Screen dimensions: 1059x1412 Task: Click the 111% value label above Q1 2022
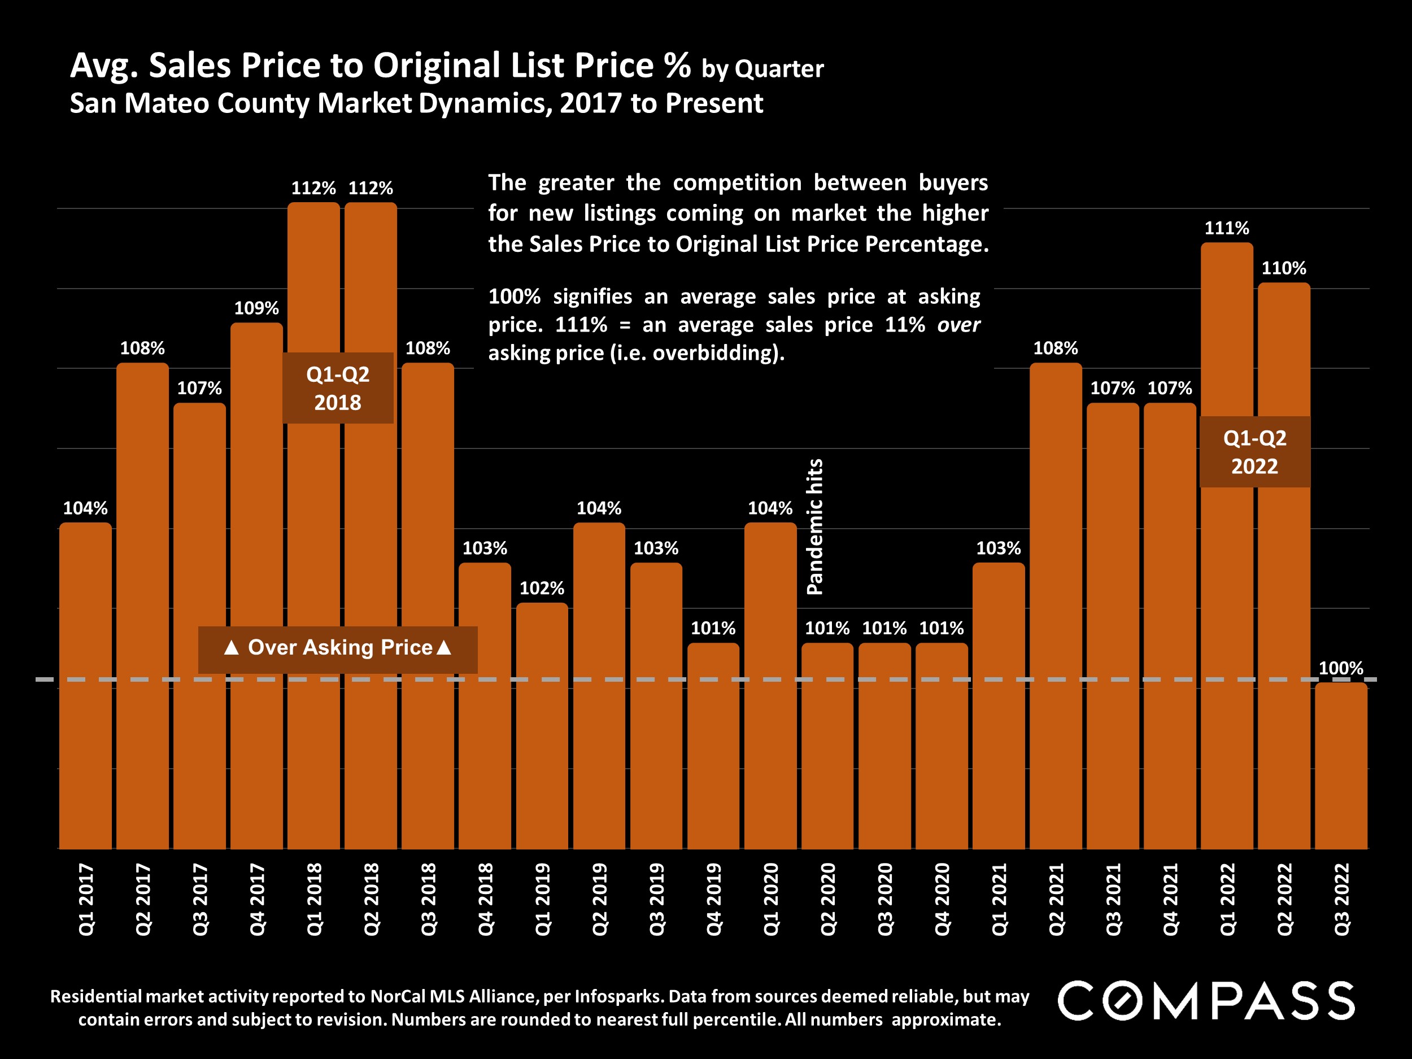coord(1226,228)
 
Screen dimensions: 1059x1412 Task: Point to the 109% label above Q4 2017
coord(256,308)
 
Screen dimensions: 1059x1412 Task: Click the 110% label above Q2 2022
coord(1284,268)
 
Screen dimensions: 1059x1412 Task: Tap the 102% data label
coord(542,588)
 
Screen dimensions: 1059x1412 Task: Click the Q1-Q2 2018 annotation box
coord(338,388)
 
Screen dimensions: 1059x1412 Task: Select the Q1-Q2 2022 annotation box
coord(1254,452)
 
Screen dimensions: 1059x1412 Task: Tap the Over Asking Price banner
coord(338,648)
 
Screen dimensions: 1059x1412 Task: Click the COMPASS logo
coord(1206,1000)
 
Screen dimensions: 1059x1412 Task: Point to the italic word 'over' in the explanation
coord(958,325)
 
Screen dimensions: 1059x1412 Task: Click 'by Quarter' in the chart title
coord(762,69)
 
